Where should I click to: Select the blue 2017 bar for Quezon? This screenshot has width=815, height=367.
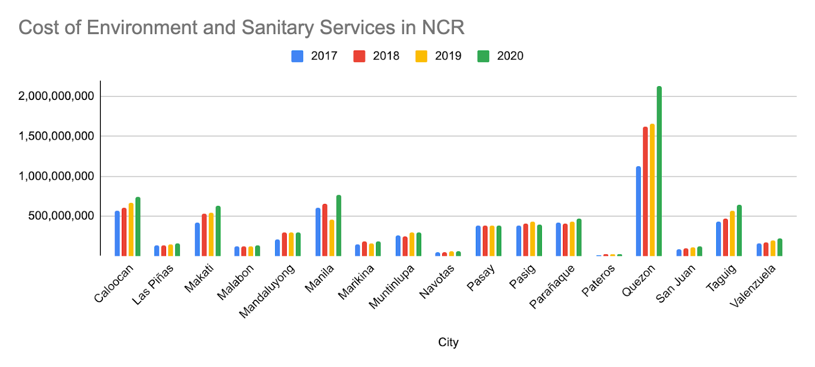click(x=638, y=211)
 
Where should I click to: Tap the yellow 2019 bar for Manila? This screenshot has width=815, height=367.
click(x=332, y=238)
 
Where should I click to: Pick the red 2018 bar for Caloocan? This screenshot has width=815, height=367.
click(x=124, y=232)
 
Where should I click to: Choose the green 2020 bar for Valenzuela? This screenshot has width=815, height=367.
click(x=779, y=247)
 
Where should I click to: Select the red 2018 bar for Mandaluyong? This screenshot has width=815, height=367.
click(x=284, y=244)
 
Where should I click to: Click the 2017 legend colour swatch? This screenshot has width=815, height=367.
click(x=297, y=56)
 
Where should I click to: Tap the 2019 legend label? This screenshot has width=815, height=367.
click(x=448, y=56)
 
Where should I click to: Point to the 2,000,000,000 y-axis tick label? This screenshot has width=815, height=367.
click(x=56, y=96)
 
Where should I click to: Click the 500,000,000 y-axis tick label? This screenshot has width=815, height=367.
click(x=61, y=216)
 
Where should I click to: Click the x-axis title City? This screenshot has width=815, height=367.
click(x=448, y=342)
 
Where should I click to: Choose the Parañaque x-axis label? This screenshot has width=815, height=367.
click(x=552, y=287)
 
